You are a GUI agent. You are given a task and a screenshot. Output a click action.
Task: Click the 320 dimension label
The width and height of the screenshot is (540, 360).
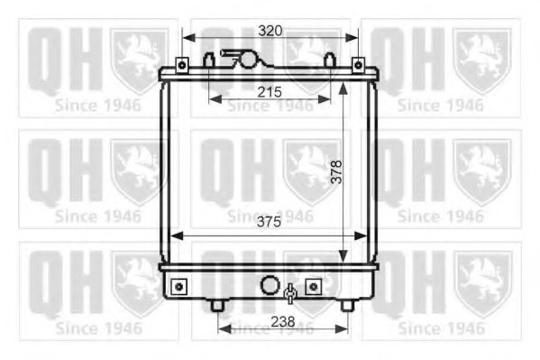click(x=270, y=30)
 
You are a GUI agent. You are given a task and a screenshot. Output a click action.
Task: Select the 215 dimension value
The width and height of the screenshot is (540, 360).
click(x=270, y=92)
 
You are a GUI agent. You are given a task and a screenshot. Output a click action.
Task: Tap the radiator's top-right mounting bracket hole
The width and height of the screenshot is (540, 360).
click(x=357, y=66)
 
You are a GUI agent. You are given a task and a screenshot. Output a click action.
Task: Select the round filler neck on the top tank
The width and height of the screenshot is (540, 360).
click(x=245, y=60)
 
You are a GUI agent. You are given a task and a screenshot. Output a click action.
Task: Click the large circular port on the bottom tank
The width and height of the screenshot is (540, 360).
click(x=270, y=286)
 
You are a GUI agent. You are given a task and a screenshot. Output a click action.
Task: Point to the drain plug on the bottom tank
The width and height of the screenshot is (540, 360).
click(x=290, y=292)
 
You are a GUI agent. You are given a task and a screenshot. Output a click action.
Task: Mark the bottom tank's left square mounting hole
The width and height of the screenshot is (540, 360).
click(x=178, y=286)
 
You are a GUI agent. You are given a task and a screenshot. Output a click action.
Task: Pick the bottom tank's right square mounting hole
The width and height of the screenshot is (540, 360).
click(x=313, y=286)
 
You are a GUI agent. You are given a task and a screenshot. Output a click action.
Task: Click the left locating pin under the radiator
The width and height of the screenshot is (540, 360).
click(x=217, y=305)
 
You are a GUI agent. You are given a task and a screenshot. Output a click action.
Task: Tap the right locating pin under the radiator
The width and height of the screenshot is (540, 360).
click(x=346, y=305)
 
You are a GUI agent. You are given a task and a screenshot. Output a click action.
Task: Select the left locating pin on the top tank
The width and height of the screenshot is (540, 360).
click(x=209, y=61)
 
